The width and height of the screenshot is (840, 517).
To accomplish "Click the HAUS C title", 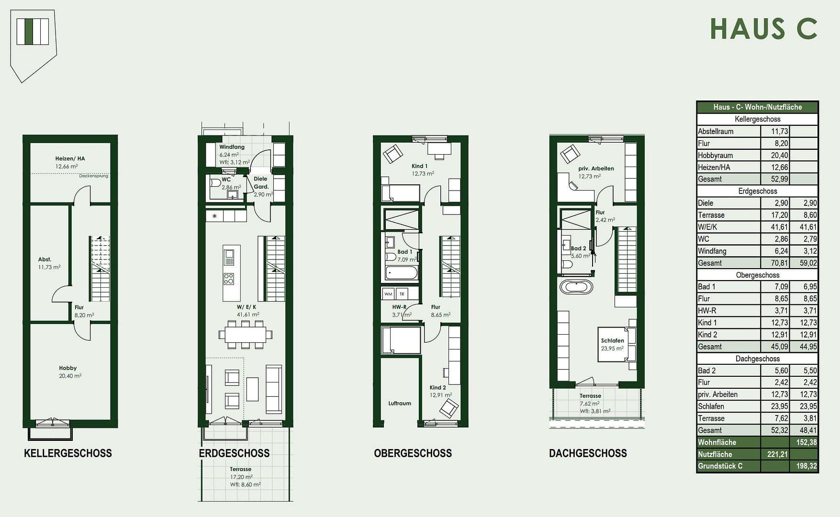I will pyautogui.click(x=763, y=29).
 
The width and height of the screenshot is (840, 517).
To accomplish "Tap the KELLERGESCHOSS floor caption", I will pyautogui.click(x=68, y=453).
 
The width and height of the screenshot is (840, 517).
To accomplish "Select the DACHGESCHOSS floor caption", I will pyautogui.click(x=588, y=453).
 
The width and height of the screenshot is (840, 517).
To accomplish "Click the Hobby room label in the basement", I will pyautogui.click(x=68, y=368).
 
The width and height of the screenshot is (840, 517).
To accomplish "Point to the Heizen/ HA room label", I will pyautogui.click(x=70, y=158).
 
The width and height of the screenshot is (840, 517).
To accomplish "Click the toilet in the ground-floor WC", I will pyautogui.click(x=215, y=183).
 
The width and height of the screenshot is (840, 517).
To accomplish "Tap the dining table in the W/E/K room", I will pyautogui.click(x=245, y=334).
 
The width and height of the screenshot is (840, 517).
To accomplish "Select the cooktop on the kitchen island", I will pyautogui.click(x=229, y=278).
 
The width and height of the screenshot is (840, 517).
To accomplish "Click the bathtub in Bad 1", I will pyautogui.click(x=402, y=273).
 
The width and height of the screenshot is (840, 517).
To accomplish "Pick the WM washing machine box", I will pyautogui.click(x=388, y=294).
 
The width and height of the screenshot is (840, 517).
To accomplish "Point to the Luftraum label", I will pyautogui.click(x=400, y=403).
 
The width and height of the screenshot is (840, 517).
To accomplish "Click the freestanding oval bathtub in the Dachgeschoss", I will pyautogui.click(x=576, y=287).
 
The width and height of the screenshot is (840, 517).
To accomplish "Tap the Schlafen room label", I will pyautogui.click(x=613, y=341).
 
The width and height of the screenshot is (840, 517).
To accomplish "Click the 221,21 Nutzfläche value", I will pyautogui.click(x=775, y=454).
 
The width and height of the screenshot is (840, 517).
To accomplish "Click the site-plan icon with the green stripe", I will pyautogui.click(x=33, y=32).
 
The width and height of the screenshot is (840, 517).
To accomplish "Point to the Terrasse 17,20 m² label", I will pyautogui.click(x=241, y=470).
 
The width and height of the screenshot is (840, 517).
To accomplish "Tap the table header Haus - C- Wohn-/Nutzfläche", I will pyautogui.click(x=757, y=107).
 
